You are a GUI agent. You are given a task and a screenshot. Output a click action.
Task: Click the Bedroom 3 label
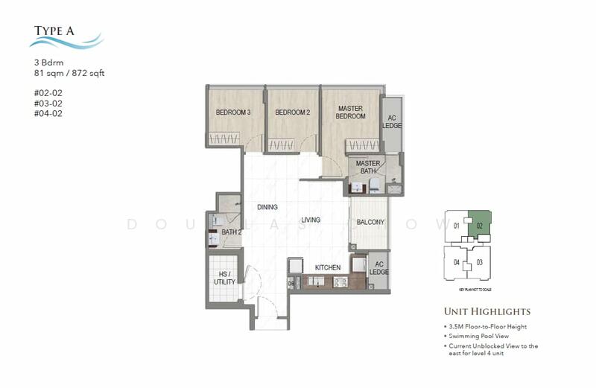pos(233,112)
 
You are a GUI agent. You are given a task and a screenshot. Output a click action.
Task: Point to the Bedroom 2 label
pos(292,112)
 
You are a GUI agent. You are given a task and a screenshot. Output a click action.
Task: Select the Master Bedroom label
pos(350,112)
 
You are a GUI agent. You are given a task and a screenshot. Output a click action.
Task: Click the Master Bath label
pos(368,168)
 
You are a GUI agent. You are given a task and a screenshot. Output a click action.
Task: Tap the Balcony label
pos(370,222)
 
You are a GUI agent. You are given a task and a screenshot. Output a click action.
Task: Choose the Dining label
pos(267,207)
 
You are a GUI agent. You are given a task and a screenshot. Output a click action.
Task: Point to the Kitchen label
pos(327,267)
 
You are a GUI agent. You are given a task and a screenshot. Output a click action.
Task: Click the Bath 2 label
pos(230,232)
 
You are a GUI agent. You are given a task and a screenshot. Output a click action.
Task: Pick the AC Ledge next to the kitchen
pos(378,269)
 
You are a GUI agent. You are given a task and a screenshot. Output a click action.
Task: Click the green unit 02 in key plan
pos(479,224)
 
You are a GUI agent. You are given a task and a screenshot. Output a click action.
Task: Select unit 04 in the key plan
pos(456,262)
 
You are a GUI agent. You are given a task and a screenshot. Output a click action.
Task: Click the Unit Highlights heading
pos(487,311)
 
